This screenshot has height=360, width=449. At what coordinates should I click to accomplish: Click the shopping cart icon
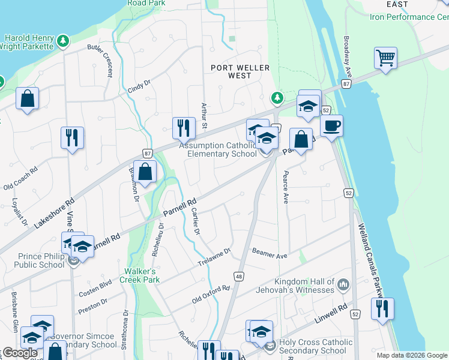point(385,58)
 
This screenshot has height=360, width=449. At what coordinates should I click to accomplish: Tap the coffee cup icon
point(331,126)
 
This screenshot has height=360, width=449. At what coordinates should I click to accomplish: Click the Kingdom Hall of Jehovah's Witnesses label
point(304,286)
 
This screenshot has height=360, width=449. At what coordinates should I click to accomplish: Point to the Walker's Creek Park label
point(139,275)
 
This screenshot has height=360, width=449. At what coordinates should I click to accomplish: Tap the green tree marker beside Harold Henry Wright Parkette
point(62,41)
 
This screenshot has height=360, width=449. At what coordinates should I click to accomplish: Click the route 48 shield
point(238,275)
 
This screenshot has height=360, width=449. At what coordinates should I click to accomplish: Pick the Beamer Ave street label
point(270,253)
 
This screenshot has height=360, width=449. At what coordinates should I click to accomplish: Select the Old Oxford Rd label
point(211,292)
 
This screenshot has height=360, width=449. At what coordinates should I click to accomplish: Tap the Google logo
point(20,353)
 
